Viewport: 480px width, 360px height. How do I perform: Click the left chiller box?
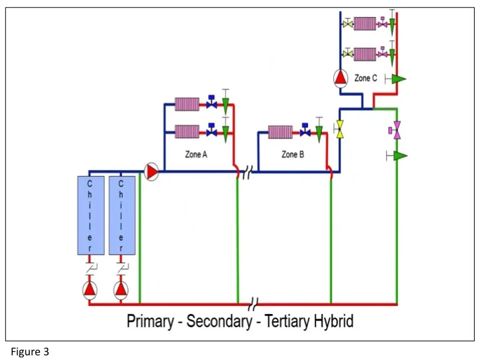(x=90, y=215)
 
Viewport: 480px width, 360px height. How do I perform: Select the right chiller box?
(x=121, y=215)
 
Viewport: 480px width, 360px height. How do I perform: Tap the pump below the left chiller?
(x=90, y=289)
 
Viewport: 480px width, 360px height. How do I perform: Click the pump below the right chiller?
(x=121, y=289)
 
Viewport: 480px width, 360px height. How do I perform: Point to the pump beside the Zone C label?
(x=341, y=79)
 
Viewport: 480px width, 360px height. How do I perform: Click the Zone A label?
(x=196, y=155)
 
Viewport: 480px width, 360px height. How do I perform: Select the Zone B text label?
(x=293, y=155)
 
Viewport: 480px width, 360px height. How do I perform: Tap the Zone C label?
(x=365, y=79)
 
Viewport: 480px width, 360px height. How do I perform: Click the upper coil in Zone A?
(x=187, y=104)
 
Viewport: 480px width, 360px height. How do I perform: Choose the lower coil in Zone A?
(x=187, y=131)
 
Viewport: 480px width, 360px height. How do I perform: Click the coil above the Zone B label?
(x=280, y=131)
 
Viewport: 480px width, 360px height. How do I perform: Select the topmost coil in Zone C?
(x=365, y=24)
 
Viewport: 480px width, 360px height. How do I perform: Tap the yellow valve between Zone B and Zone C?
(x=339, y=129)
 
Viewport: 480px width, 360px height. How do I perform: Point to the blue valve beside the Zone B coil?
(x=305, y=131)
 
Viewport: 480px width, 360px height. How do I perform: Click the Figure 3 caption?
(x=30, y=351)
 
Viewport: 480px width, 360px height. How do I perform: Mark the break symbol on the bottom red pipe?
(x=253, y=305)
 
